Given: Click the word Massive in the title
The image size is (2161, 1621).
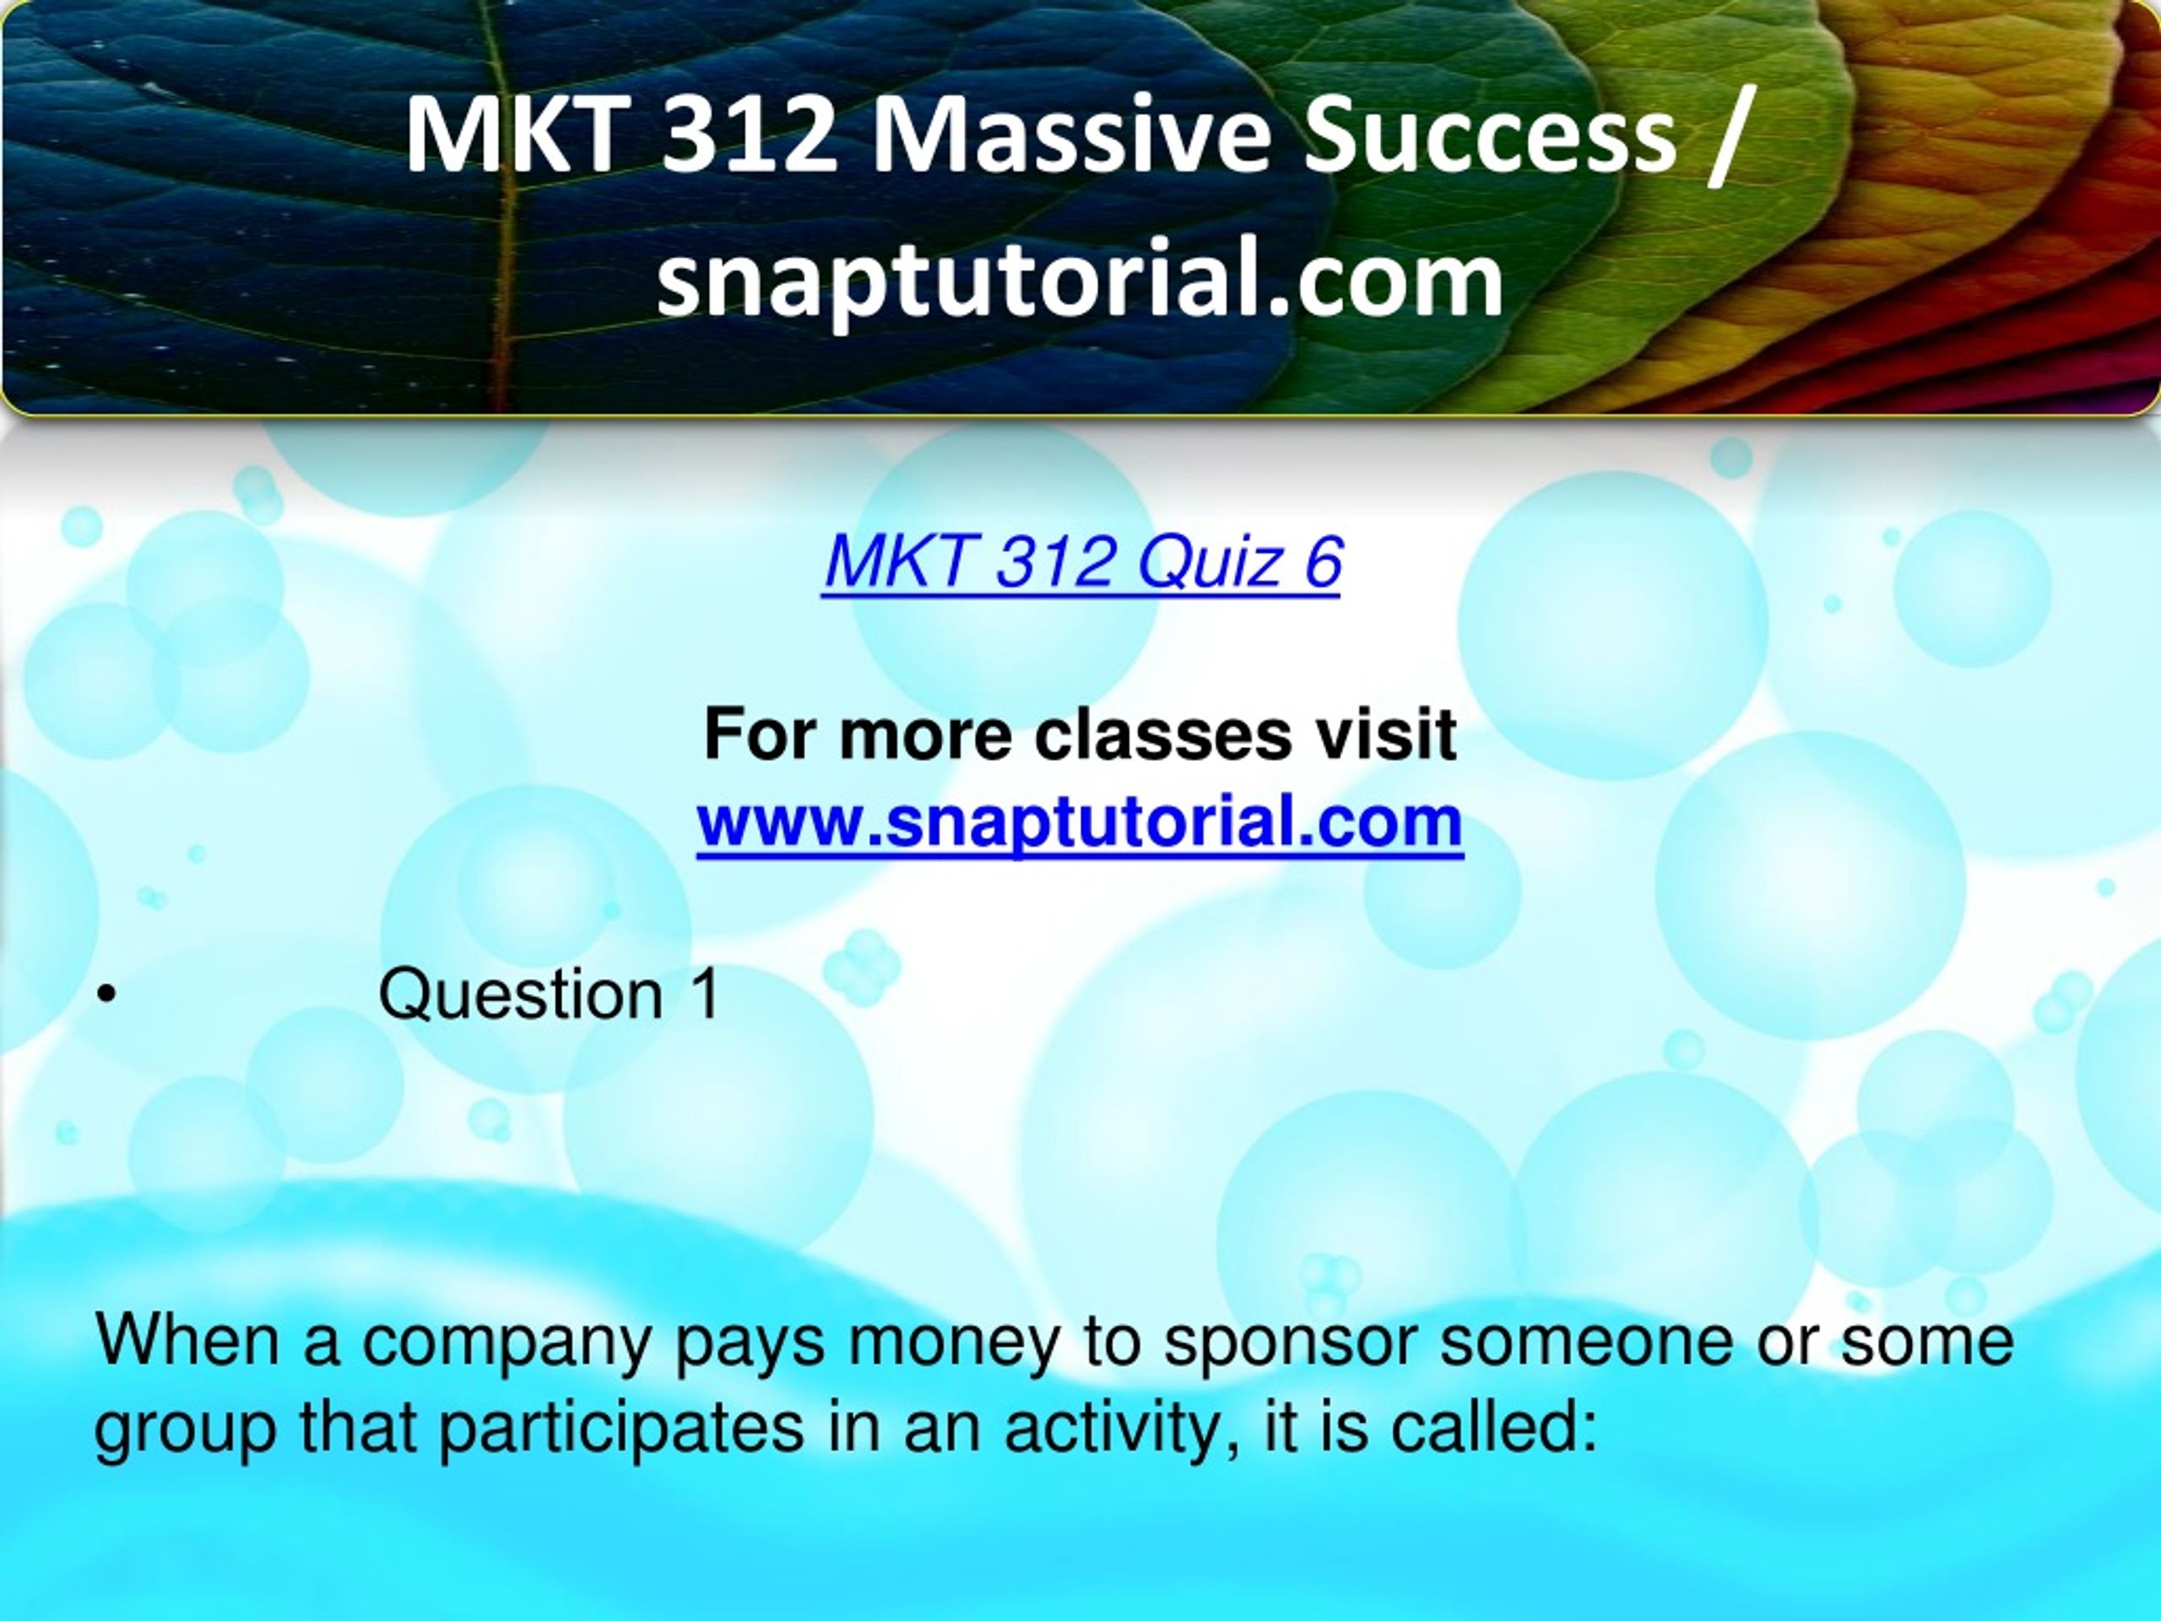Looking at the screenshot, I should coord(1075,138).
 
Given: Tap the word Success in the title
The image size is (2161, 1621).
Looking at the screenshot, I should coord(1492,138).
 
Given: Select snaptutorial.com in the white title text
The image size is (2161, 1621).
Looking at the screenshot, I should coord(1080,280).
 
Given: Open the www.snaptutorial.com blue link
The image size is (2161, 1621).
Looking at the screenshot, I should coord(1080,822).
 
